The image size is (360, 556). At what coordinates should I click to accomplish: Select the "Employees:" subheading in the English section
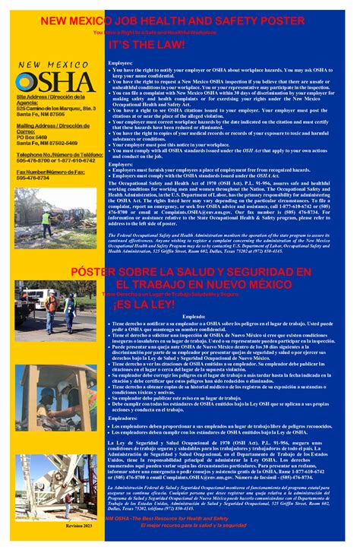[x=121, y=63]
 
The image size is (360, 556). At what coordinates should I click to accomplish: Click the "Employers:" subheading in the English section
[x=121, y=164]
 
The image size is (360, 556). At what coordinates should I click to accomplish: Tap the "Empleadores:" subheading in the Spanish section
[x=124, y=418]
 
